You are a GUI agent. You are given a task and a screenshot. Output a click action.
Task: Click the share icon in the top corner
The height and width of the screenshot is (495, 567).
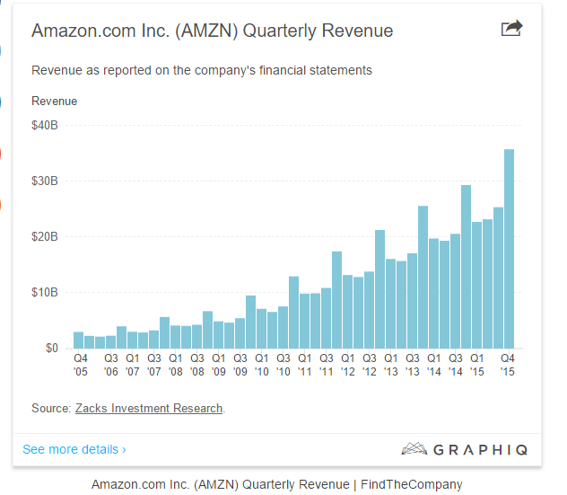511,29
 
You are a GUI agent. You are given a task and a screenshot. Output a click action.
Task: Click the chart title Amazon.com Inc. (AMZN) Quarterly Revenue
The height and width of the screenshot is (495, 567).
212,31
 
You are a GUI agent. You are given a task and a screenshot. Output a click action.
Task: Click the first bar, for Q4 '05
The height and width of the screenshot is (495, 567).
79,340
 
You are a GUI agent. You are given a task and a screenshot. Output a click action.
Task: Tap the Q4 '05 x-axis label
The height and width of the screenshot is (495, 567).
81,365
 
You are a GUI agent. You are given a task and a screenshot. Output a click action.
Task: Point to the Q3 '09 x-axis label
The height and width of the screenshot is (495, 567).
240,365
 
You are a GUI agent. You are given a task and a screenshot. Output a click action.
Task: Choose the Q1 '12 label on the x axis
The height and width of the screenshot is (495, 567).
347,365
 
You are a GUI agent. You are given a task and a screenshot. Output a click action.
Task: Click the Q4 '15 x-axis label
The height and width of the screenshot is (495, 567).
508,365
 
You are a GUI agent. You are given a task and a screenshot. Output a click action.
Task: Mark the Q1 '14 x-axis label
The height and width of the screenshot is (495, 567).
433,365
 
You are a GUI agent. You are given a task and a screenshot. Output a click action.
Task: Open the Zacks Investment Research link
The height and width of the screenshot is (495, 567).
148,409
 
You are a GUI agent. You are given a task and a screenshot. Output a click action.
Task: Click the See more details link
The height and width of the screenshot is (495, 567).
74,448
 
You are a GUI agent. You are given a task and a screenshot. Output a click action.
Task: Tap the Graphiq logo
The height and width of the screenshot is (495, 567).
464,448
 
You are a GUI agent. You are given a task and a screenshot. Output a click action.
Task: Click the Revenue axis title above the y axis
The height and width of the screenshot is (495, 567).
55,101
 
